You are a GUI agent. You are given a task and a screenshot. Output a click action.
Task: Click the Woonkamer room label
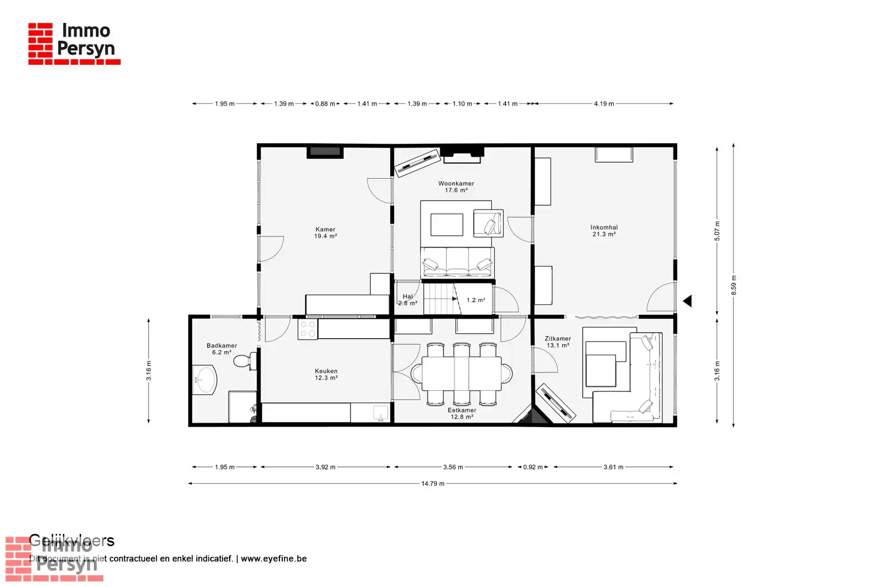[x=456, y=187]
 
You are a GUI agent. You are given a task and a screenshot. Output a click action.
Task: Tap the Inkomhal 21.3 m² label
[x=604, y=231]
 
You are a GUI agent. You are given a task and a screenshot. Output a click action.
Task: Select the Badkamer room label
[x=221, y=349]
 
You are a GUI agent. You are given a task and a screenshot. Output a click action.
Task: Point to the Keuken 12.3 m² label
[x=326, y=375]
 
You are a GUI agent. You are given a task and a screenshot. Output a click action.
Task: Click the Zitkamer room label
[x=558, y=342]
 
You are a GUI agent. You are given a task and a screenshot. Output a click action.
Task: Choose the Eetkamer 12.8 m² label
[x=462, y=413]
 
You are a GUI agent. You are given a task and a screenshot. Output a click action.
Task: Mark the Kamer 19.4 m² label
[x=325, y=233]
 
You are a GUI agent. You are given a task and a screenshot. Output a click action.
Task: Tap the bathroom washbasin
[x=205, y=380]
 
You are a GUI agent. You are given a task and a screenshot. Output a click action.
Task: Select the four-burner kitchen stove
[x=308, y=329]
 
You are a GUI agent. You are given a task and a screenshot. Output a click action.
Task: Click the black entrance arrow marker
[x=687, y=301]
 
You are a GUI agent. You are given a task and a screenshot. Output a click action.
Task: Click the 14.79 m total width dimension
[x=433, y=484]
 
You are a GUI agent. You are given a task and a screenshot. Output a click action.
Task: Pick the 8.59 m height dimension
[x=733, y=285]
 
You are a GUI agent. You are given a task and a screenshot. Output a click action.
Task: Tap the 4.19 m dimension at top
[x=604, y=103]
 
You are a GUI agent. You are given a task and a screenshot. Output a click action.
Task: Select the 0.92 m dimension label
[x=533, y=467]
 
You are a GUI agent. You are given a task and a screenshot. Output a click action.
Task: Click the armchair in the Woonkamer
[x=488, y=223]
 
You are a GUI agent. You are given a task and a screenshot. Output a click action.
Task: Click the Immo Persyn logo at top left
[x=74, y=44]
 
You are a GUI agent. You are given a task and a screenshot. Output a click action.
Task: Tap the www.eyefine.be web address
[x=274, y=558]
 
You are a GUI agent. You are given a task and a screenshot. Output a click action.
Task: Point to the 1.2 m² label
[x=476, y=300]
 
